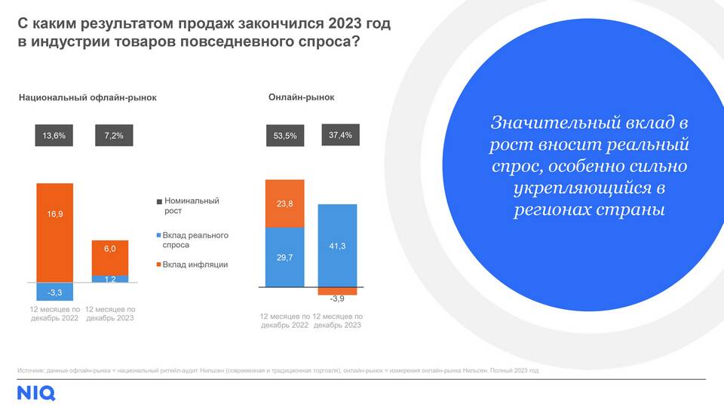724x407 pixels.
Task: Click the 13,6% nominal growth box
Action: [54, 136]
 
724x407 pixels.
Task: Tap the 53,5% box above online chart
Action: [285, 136]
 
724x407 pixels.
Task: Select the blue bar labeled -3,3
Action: [55, 292]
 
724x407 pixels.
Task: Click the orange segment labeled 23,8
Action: [285, 203]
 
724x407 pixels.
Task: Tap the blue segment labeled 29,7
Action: [285, 257]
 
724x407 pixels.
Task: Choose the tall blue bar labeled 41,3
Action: [337, 245]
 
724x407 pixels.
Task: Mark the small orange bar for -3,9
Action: [337, 291]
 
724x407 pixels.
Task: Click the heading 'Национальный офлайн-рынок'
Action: [87, 98]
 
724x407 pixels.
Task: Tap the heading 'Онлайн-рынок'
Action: [302, 97]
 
